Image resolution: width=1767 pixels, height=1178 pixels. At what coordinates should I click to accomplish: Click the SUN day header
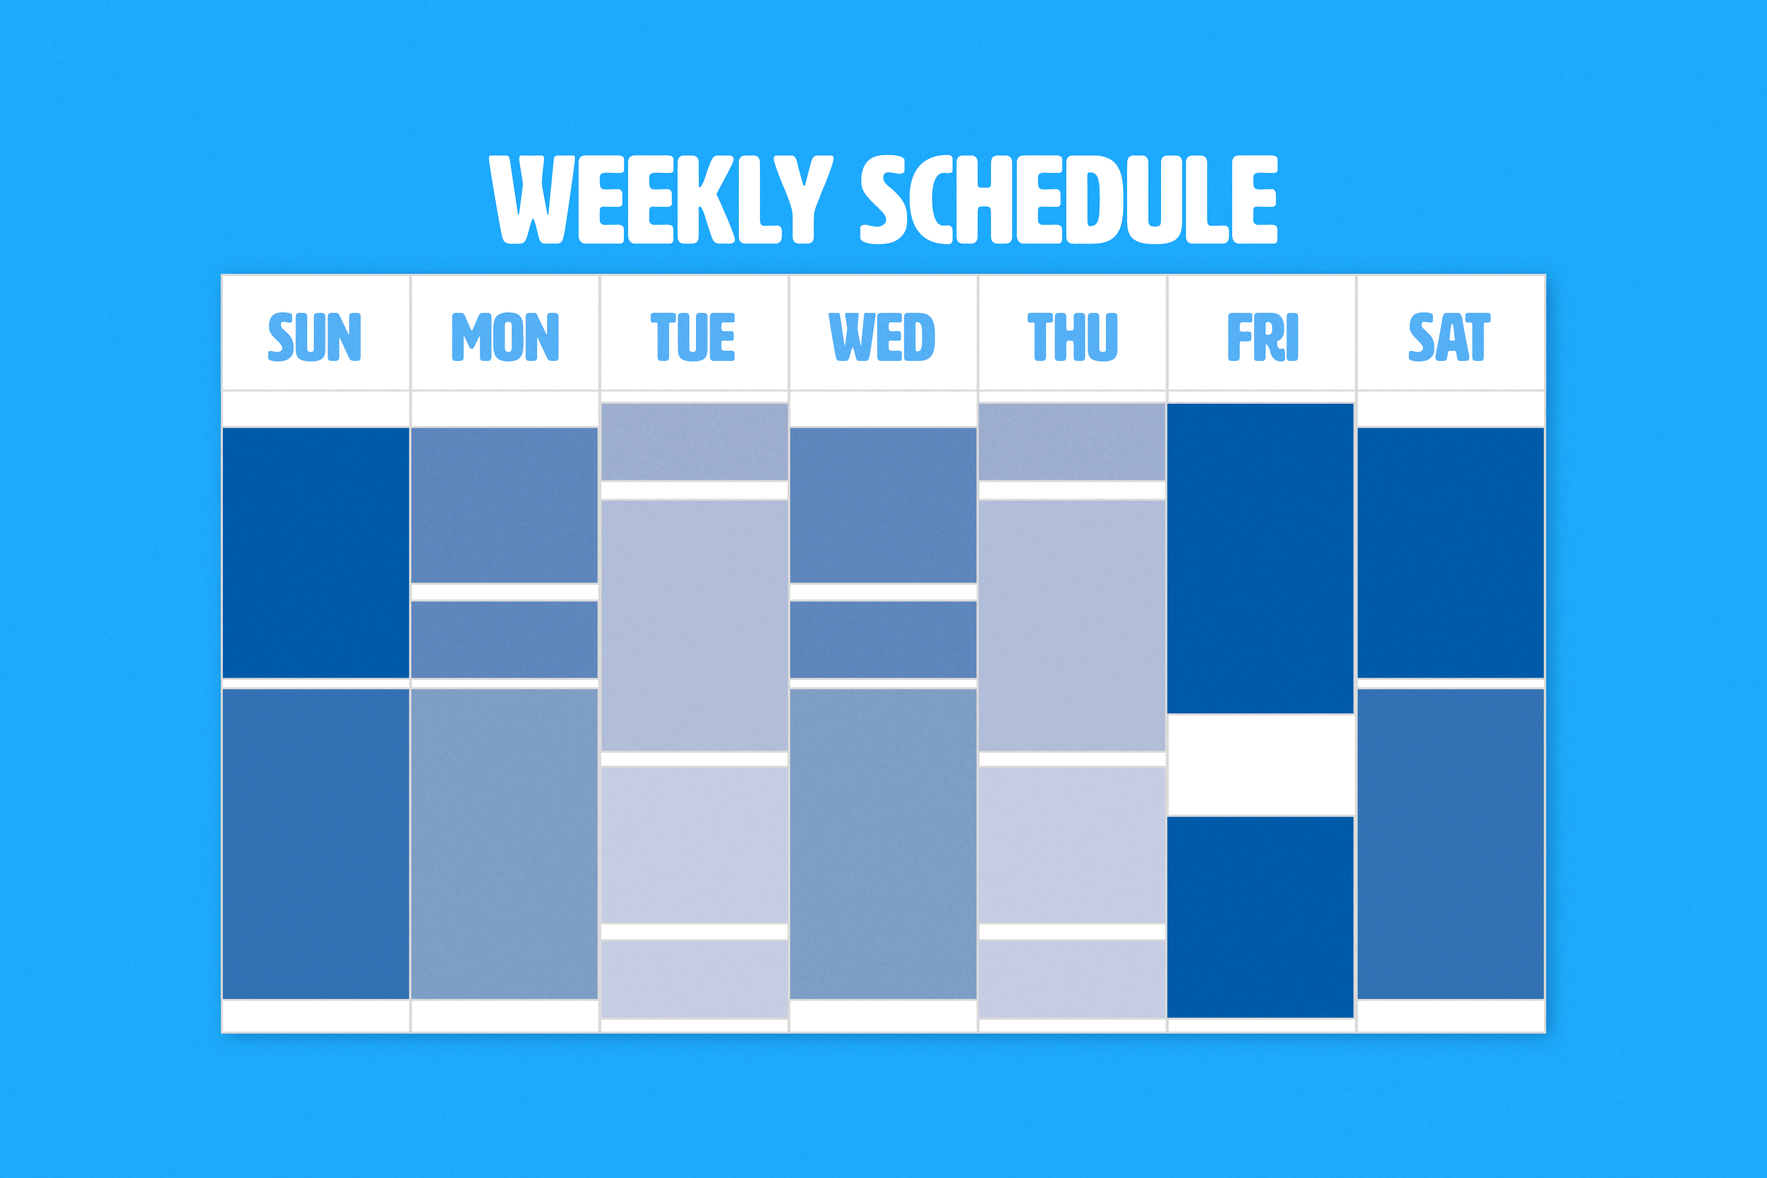tap(315, 336)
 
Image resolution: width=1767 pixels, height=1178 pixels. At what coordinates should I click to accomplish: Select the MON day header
tap(505, 336)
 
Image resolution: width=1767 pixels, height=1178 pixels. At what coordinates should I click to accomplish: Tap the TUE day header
tap(693, 336)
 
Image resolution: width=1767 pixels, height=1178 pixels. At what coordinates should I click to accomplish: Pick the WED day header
tap(882, 336)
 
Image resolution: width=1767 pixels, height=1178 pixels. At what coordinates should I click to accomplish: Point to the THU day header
tap(1072, 336)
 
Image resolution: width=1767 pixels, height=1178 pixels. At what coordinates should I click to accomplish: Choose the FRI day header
tap(1262, 336)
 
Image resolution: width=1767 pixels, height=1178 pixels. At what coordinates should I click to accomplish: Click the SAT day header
tap(1449, 336)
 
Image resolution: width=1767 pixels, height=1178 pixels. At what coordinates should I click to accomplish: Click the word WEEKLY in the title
tap(661, 199)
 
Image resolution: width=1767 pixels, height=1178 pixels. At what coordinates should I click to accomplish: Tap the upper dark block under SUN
tap(316, 553)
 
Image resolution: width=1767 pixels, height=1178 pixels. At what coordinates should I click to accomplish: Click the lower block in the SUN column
tap(316, 843)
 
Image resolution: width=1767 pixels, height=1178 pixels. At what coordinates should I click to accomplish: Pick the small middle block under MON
tap(504, 640)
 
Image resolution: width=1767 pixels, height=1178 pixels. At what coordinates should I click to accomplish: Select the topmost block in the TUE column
tap(694, 442)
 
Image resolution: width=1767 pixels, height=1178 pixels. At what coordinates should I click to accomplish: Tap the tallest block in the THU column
tap(1072, 625)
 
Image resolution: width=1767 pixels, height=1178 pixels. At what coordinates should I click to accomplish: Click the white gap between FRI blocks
tap(1260, 765)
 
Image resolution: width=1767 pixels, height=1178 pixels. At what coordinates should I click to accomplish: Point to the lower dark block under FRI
tap(1260, 917)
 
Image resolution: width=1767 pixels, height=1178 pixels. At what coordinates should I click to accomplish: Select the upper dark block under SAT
tap(1451, 553)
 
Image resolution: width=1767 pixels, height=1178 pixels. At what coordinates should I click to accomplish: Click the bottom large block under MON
tap(504, 843)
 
